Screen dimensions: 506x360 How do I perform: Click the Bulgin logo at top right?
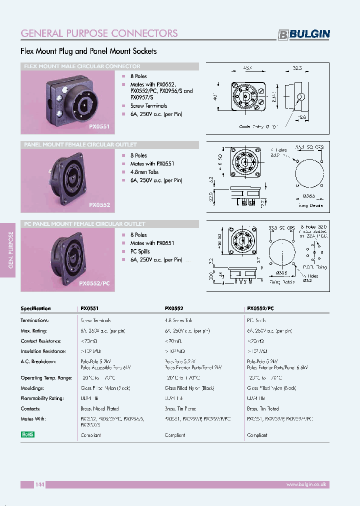point(304,34)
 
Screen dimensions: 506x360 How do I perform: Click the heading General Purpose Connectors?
point(99,33)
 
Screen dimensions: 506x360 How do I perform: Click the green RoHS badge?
point(27,434)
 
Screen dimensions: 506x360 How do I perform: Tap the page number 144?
point(40,484)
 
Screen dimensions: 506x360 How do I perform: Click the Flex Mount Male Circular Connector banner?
point(82,66)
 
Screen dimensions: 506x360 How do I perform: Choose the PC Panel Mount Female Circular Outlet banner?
point(85,224)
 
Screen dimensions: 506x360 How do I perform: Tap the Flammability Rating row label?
point(42,398)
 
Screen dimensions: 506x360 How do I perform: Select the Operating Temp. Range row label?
point(46,378)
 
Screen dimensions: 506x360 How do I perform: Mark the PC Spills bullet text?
point(140,251)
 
